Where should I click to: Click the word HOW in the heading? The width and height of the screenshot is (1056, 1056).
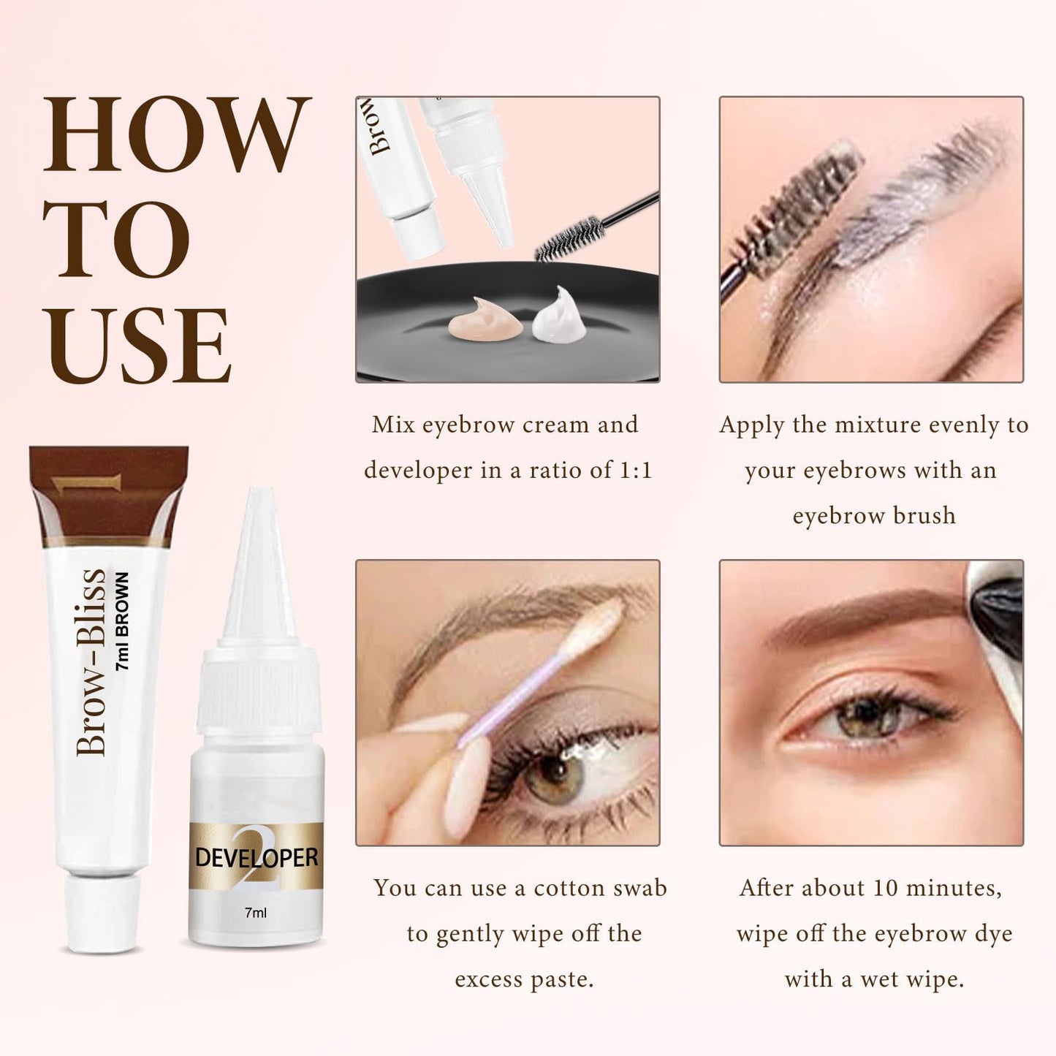[176, 135]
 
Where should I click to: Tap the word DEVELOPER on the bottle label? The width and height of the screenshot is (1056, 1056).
[256, 857]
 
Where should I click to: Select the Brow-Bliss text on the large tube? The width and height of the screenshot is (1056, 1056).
[91, 661]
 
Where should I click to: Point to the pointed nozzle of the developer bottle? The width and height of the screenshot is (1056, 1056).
[257, 555]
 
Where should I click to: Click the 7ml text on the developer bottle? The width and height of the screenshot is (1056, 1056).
[255, 913]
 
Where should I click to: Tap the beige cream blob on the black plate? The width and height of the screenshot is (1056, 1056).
[484, 319]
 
